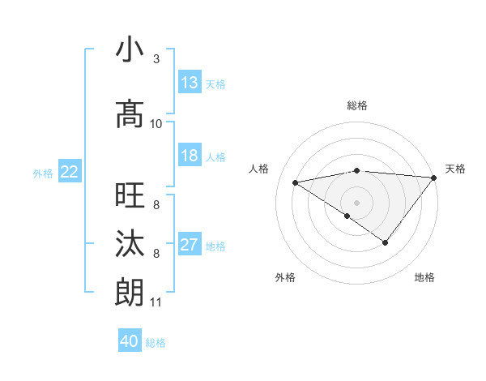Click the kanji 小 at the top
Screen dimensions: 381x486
tap(130, 50)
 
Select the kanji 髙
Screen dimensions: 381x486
tap(130, 114)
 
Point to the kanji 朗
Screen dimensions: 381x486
tap(130, 293)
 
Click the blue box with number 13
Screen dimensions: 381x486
tap(190, 83)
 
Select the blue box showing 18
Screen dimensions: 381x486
tap(190, 156)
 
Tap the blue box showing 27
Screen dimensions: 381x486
tap(190, 245)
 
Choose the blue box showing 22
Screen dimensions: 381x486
tap(70, 172)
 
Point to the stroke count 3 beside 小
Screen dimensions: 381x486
tap(156, 59)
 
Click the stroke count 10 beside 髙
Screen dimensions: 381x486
tap(156, 124)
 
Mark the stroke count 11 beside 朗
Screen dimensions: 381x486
tap(156, 302)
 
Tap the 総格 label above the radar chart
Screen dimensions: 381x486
tap(357, 105)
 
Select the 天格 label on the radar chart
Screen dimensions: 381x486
tap(455, 169)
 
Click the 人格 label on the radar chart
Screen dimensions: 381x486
tap(259, 169)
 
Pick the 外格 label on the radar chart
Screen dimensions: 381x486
tap(285, 277)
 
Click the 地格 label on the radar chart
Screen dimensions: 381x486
tap(424, 277)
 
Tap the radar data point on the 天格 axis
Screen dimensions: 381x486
tap(434, 177)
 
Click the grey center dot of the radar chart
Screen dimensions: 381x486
tap(356, 202)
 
